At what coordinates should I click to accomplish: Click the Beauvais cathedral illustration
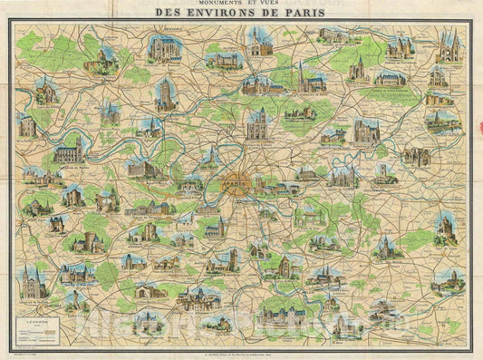pos(166,50)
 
